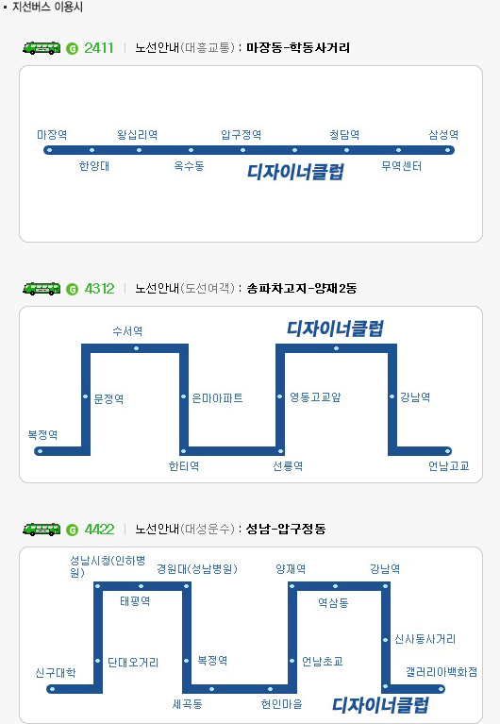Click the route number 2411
click(x=99, y=47)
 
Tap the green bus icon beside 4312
click(x=42, y=289)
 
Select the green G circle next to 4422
click(x=72, y=530)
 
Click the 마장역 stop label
click(x=52, y=134)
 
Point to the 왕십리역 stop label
click(x=138, y=134)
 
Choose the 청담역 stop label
click(x=344, y=134)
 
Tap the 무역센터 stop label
click(x=402, y=166)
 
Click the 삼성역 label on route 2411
click(x=443, y=134)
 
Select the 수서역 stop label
click(x=128, y=331)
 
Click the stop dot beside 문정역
click(x=86, y=396)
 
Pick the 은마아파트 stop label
click(x=217, y=398)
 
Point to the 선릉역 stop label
click(x=288, y=466)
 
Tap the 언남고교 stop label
click(x=449, y=466)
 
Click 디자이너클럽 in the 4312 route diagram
click(x=335, y=328)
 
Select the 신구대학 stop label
click(x=56, y=673)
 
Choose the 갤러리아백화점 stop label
click(x=442, y=672)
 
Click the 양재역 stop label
click(x=291, y=569)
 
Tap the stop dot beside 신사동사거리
click(x=386, y=640)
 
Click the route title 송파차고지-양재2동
click(x=302, y=289)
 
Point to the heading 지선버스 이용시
click(x=47, y=7)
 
